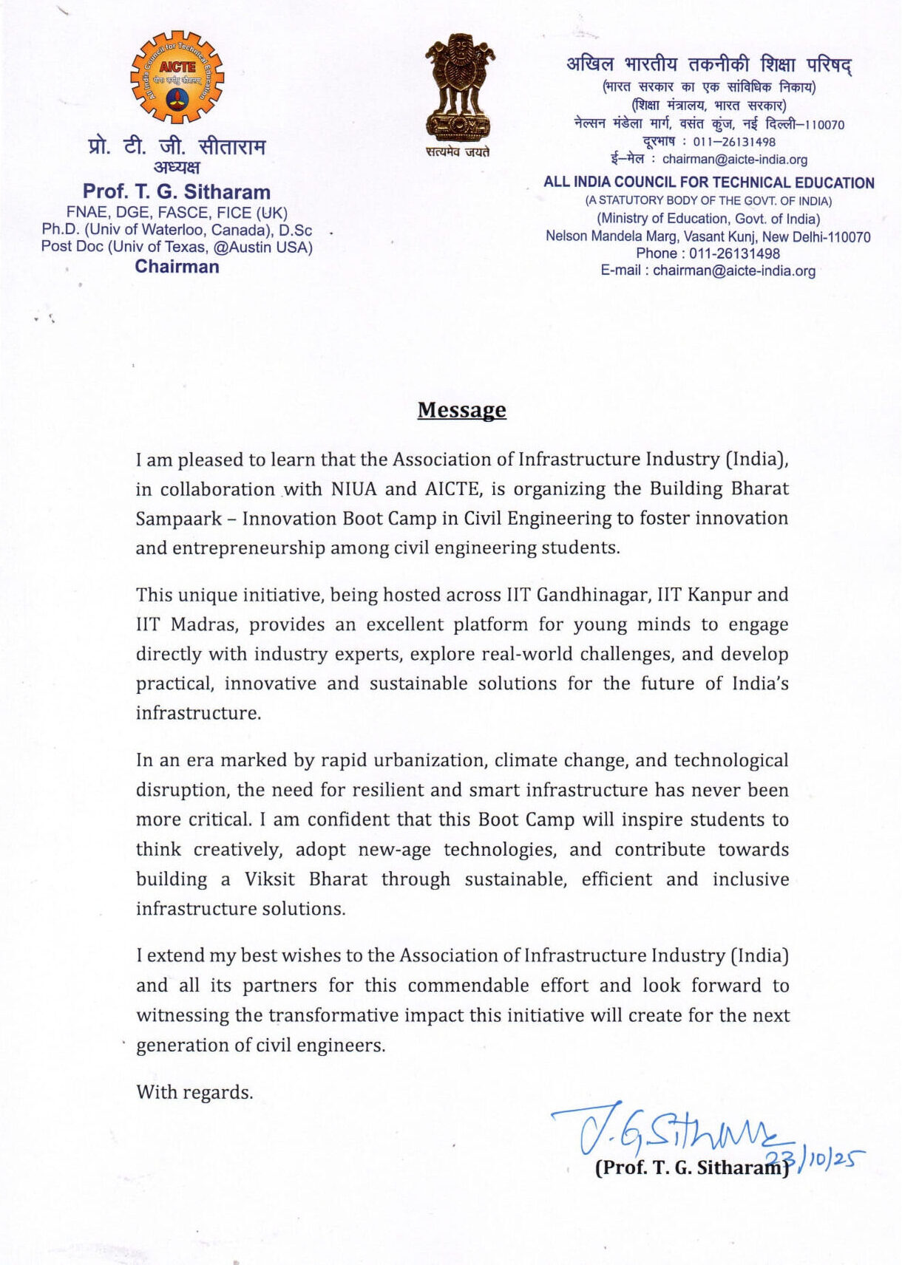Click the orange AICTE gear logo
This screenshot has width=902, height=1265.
coord(177,77)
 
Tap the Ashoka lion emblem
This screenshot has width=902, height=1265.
coord(459,87)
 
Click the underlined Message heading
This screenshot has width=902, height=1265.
coord(461,410)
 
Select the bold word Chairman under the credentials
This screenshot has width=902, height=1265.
coord(177,267)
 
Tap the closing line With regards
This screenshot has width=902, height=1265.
coord(194,1092)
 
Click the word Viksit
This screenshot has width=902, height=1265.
coord(269,879)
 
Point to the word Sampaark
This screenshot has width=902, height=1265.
coord(178,519)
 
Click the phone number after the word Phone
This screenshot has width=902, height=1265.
coord(734,253)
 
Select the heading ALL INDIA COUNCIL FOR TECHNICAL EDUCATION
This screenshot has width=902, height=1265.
coord(708,183)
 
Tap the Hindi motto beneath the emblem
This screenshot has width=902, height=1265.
coord(457,152)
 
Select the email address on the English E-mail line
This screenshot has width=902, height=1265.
coord(733,270)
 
